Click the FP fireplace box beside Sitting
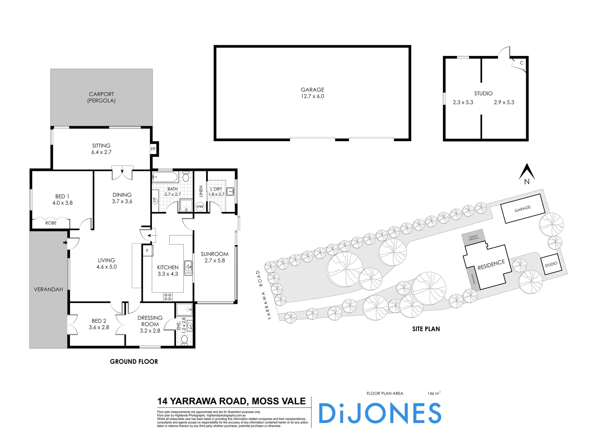(x=153, y=149)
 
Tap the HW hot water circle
(x=200, y=206)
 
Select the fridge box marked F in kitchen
(x=147, y=251)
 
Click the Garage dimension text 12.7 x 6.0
(x=313, y=96)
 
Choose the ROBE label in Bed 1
(x=51, y=223)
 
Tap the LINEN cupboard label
(x=201, y=191)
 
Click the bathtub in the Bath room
(x=165, y=178)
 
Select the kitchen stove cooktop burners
(x=168, y=296)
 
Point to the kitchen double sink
(x=188, y=267)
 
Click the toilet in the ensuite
(x=185, y=339)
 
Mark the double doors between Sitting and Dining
(x=123, y=173)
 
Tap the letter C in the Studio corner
(x=522, y=63)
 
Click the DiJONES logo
(x=380, y=413)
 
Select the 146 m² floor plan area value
(x=434, y=393)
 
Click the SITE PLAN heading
(x=426, y=329)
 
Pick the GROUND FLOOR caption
(x=134, y=362)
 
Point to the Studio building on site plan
(x=551, y=264)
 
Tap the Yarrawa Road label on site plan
(x=262, y=295)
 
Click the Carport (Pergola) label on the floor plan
(x=101, y=97)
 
